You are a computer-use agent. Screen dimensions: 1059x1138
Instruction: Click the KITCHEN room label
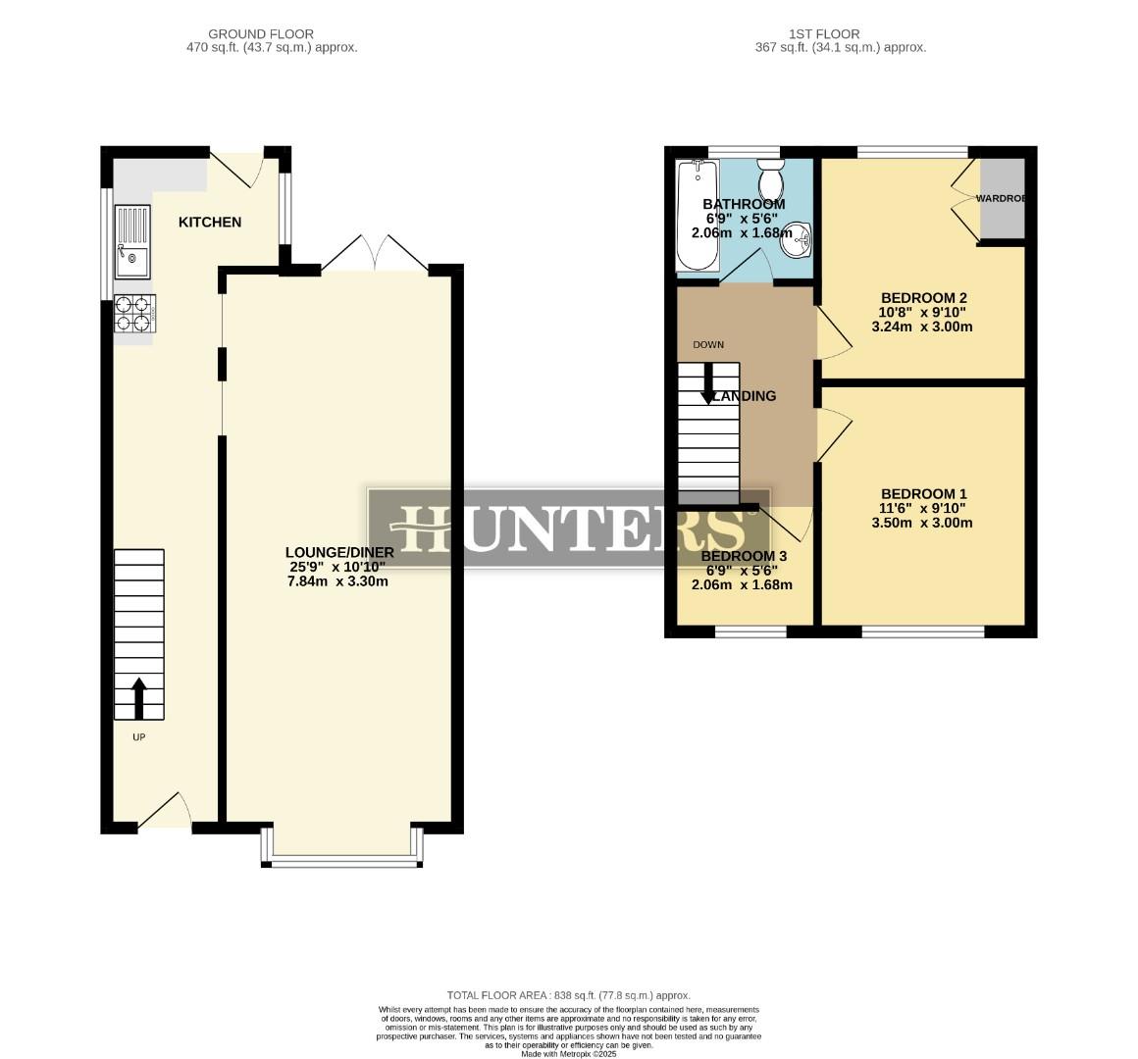[x=209, y=223]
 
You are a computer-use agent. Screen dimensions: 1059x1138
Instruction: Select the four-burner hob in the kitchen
[x=134, y=314]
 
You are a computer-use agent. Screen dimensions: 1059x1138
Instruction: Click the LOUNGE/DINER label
[x=339, y=552]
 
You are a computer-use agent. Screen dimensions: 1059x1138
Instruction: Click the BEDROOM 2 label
[x=923, y=298]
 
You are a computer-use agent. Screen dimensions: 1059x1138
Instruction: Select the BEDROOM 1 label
[x=923, y=494]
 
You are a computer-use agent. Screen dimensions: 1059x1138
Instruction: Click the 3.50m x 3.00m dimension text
[x=922, y=524]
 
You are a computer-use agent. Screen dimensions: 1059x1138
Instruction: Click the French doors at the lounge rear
[x=374, y=253]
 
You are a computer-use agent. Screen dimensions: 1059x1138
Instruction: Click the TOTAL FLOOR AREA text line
[x=568, y=994]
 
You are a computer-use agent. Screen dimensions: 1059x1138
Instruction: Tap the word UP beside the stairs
[x=138, y=737]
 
